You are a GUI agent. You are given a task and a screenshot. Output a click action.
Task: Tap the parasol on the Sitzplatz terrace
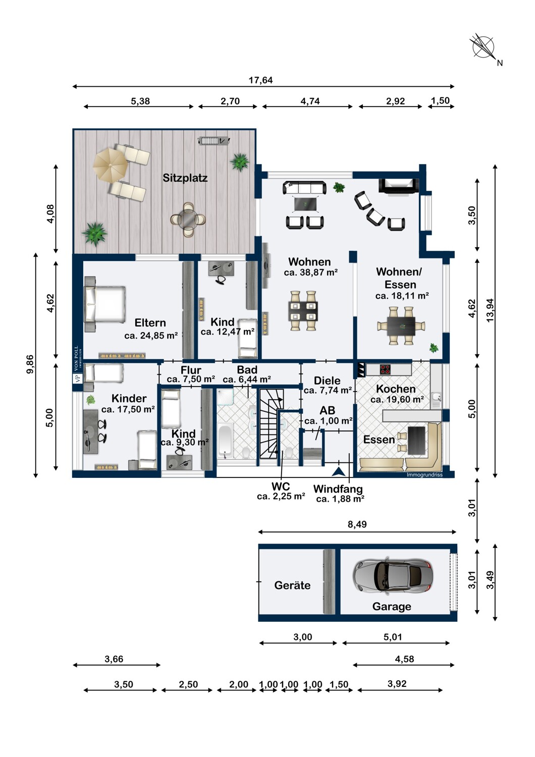click(x=110, y=165)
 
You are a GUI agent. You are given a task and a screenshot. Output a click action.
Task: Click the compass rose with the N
click(x=484, y=47)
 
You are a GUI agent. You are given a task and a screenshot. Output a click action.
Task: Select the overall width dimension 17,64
click(x=260, y=80)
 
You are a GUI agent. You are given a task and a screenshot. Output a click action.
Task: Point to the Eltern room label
click(x=150, y=323)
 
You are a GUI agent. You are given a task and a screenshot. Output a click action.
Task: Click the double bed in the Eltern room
click(x=105, y=304)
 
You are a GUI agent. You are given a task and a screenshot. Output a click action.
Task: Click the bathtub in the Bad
click(x=225, y=440)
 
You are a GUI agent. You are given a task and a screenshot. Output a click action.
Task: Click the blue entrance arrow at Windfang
click(x=338, y=471)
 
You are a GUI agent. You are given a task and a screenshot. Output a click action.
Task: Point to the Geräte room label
click(x=292, y=585)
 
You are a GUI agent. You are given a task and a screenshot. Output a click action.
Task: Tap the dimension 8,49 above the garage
click(x=357, y=524)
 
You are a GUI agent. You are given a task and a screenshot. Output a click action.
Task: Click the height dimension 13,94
click(x=490, y=310)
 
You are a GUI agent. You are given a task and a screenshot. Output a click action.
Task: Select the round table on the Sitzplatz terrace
click(x=188, y=220)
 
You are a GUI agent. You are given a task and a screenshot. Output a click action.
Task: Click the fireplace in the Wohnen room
click(x=399, y=186)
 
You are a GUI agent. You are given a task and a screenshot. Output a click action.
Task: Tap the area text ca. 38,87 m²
click(x=310, y=273)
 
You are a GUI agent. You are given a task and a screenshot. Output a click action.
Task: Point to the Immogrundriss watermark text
click(x=424, y=474)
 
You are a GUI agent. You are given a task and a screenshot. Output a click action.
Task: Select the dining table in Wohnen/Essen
click(x=401, y=326)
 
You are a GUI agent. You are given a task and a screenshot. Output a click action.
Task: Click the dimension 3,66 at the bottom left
click(x=114, y=659)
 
